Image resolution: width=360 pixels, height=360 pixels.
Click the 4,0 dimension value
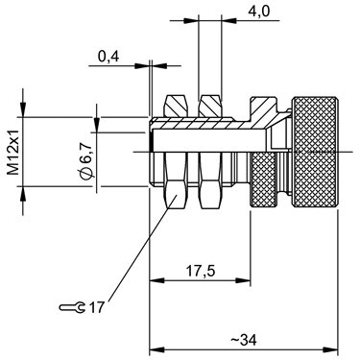coord(259,12)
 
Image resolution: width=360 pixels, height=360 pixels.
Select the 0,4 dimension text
coord(108,57)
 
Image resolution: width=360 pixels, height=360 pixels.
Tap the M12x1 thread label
coord(13,153)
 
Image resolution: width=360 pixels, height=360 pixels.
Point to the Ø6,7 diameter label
coord(86,159)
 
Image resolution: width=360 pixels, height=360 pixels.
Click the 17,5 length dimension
coord(201,272)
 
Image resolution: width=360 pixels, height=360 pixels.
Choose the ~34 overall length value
coord(244,340)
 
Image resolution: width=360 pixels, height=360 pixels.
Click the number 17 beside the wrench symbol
coord(96,308)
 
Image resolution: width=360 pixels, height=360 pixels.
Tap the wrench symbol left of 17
coord(73,308)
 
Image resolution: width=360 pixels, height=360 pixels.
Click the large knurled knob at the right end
coord(315,152)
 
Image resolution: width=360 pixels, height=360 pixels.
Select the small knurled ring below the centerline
coord(263,180)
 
